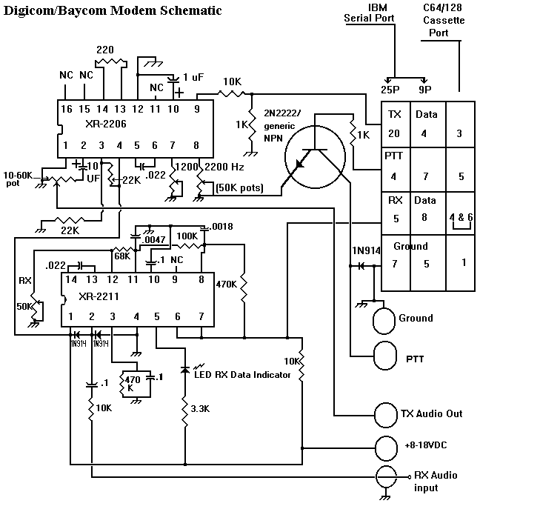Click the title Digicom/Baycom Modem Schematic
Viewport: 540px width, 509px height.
113,11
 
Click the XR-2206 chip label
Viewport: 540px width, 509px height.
105,124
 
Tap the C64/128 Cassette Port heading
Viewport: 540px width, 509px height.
444,21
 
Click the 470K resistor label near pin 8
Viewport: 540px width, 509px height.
226,283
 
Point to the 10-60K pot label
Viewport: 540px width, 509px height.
18,179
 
